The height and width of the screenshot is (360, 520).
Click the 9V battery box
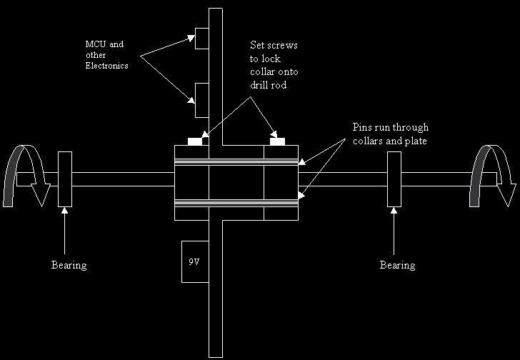(x=194, y=262)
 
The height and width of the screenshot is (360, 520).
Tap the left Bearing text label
(x=69, y=265)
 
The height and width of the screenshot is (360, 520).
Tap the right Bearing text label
(x=397, y=265)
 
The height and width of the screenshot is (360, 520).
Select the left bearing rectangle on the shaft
(x=65, y=179)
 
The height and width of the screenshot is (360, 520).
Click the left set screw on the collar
(x=194, y=141)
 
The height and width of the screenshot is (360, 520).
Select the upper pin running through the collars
(x=236, y=163)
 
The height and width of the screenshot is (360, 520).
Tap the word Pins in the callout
(x=363, y=127)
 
